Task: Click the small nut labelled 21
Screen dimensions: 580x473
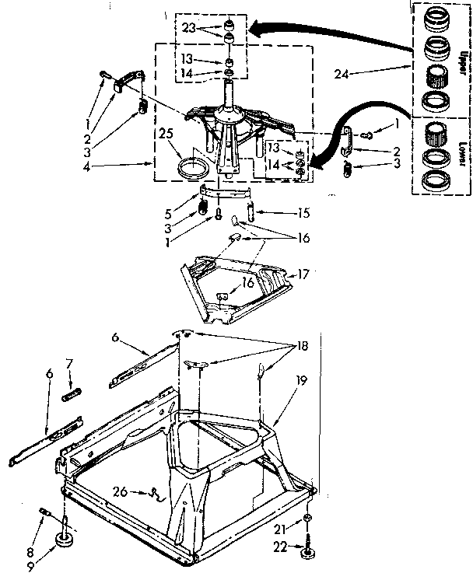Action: pos(309,519)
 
